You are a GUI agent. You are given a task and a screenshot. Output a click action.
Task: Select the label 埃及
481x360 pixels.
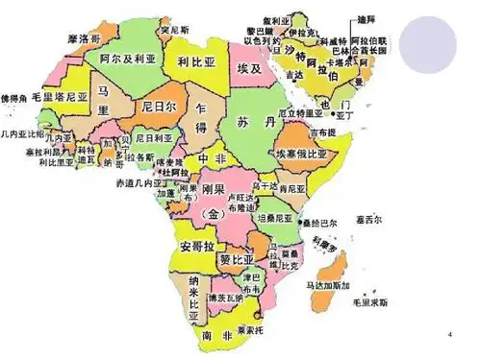point(250,73)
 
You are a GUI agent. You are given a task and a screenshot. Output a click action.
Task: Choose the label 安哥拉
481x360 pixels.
point(199,247)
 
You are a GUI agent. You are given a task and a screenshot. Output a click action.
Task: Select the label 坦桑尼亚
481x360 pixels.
point(279,218)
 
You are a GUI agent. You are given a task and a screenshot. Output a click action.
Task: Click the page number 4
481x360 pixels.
point(450,332)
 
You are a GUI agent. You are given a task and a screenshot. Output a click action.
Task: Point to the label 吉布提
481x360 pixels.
point(323,132)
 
